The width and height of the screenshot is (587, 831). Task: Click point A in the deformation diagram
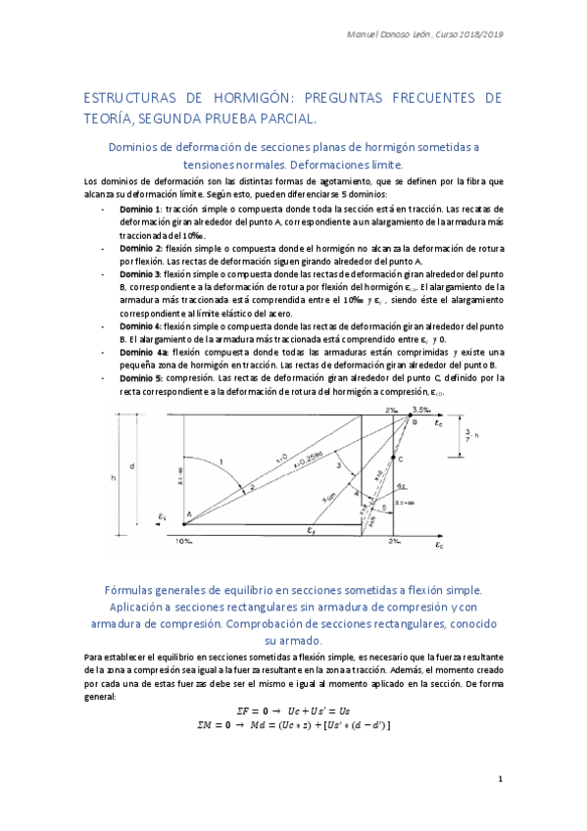pos(189,516)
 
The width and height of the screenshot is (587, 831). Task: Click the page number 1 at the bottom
pos(500,780)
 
